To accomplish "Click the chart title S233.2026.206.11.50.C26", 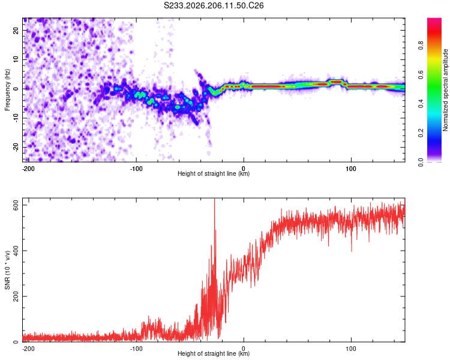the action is (x=214, y=5).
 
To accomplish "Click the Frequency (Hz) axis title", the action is (x=7, y=90).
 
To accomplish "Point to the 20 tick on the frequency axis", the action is (x=16, y=30).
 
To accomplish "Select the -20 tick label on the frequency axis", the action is (x=16, y=148).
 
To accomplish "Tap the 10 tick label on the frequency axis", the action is (x=16, y=59).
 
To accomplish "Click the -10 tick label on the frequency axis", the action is (x=16, y=118).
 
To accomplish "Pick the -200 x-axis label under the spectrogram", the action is (x=28, y=169).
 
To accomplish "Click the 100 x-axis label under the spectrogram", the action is (x=351, y=169).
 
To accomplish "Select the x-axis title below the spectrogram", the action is (x=214, y=173).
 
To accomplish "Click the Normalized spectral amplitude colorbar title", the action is (x=445, y=90).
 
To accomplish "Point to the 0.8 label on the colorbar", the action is (x=421, y=45).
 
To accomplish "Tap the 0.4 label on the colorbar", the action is (x=421, y=104).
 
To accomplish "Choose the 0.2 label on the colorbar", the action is (x=421, y=133).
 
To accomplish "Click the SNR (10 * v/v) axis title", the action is (x=7, y=270).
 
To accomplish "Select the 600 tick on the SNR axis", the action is (x=16, y=205).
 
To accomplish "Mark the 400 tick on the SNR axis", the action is (x=16, y=251).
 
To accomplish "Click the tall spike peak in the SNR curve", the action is (x=214, y=199).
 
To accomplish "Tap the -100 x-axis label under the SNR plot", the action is (x=136, y=349).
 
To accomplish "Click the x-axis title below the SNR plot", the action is (x=214, y=353).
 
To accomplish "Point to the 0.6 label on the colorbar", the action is (x=421, y=74).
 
